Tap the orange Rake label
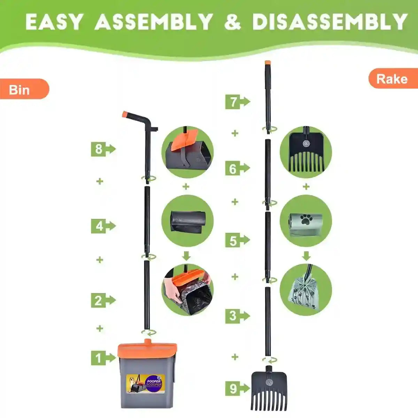click(x=392, y=79)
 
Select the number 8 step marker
click(x=99, y=149)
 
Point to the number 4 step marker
click(x=100, y=226)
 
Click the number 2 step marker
click(x=99, y=300)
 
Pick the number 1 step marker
click(x=99, y=358)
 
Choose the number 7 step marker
click(x=233, y=102)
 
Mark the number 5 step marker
click(x=233, y=241)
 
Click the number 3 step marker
click(x=233, y=316)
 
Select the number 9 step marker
click(x=233, y=388)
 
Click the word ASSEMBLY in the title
click(x=154, y=22)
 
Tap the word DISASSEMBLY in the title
click(x=330, y=22)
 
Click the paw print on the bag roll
click(x=307, y=219)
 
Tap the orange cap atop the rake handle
click(x=268, y=63)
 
